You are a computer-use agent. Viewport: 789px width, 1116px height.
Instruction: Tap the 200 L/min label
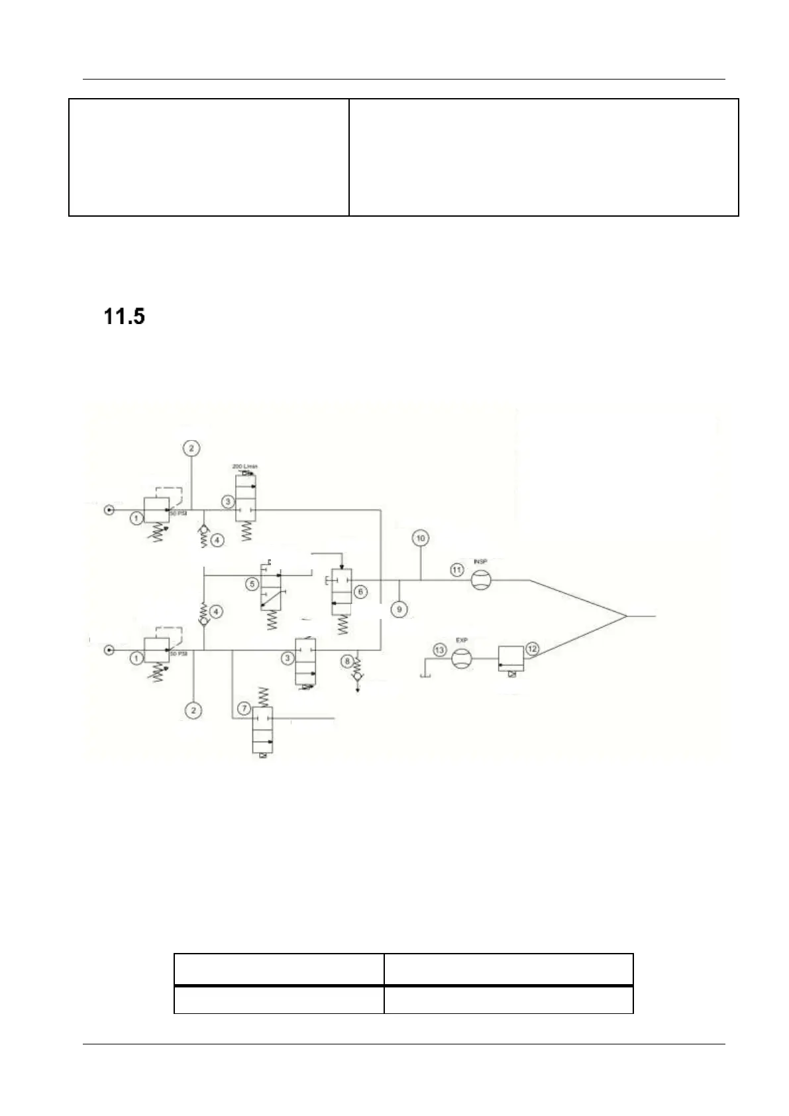pos(244,467)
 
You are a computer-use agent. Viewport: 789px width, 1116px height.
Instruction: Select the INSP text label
pos(480,562)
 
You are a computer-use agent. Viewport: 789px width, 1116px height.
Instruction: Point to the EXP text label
pos(461,641)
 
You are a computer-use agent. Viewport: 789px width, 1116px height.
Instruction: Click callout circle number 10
pos(421,537)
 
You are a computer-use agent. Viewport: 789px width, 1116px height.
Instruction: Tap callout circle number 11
pos(456,569)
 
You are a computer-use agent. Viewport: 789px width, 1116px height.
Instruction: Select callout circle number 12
pos(532,648)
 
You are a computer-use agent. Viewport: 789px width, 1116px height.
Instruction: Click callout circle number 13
pos(439,650)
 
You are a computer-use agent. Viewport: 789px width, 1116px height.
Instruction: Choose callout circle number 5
pos(252,583)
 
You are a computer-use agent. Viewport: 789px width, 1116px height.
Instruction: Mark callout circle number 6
pos(360,590)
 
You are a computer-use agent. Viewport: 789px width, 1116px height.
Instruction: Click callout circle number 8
pos(347,659)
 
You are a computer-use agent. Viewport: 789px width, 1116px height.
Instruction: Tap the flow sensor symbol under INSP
pos(480,581)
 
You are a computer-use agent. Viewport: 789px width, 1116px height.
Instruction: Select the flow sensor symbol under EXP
pos(461,659)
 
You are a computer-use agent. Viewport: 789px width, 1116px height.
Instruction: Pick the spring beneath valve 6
pos(342,624)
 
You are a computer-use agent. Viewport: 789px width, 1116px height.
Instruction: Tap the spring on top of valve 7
pos(263,696)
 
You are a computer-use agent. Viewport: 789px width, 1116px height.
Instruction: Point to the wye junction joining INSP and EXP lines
pos(626,616)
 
